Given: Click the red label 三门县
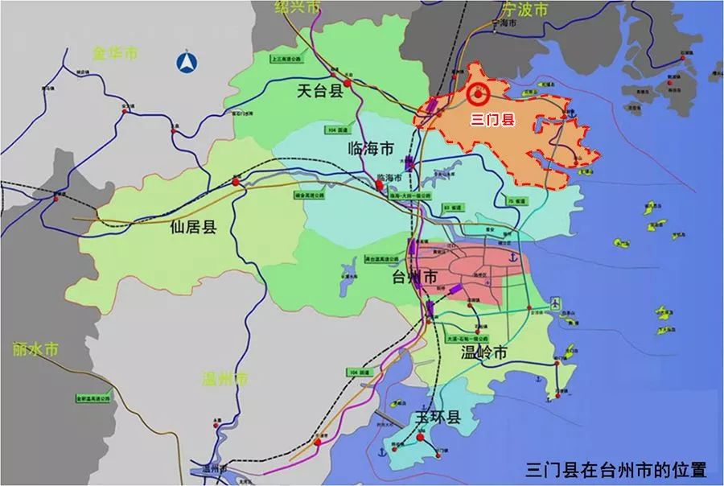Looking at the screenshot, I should (492, 121).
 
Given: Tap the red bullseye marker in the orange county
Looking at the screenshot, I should (477, 95).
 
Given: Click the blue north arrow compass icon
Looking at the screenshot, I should (188, 63).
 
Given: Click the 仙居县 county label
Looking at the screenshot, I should (194, 227).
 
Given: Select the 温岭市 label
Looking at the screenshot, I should (484, 353).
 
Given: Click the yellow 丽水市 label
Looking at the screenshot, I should (36, 350).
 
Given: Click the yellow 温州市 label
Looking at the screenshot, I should (226, 379).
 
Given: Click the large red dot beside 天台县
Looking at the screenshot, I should (347, 83).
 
